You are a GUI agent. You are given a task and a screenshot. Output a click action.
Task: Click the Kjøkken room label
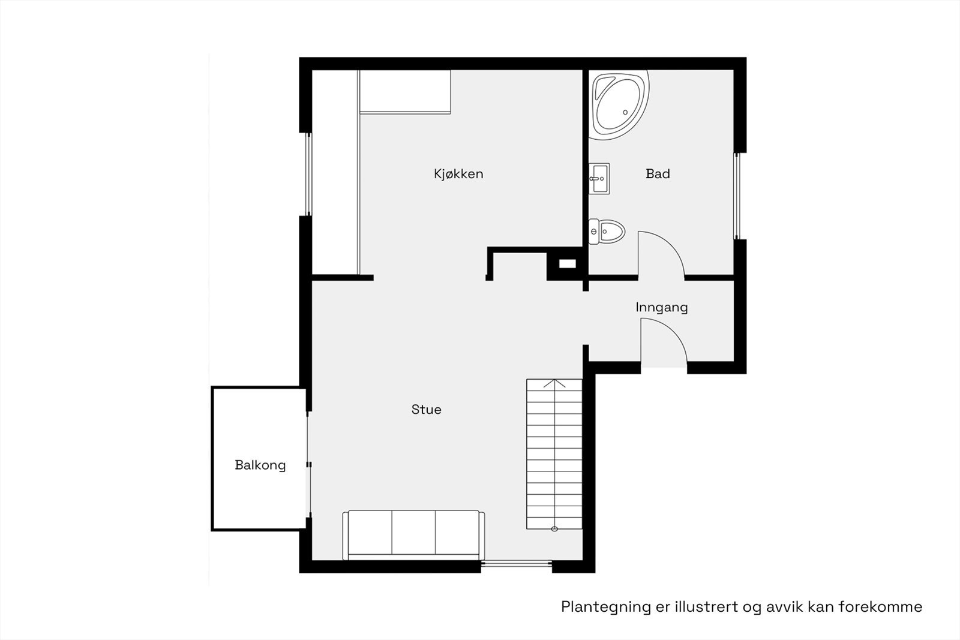pyautogui.click(x=458, y=174)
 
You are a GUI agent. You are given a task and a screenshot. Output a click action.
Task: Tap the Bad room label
pyautogui.click(x=658, y=174)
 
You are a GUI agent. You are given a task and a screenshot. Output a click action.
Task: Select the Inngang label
pyautogui.click(x=661, y=307)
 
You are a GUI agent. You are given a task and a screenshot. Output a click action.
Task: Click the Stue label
pyautogui.click(x=426, y=410)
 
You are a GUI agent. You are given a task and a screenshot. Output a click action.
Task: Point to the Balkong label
pyautogui.click(x=260, y=465)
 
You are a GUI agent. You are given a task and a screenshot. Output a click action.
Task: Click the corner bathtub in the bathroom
pyautogui.click(x=618, y=103)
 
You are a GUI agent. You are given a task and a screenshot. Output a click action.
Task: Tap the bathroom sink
pyautogui.click(x=598, y=179)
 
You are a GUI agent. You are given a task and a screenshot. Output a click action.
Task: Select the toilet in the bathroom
pyautogui.click(x=607, y=231)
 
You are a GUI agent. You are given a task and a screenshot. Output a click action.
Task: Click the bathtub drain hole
pyautogui.click(x=625, y=112)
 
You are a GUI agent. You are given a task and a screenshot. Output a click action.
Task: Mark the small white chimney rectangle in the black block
pyautogui.click(x=567, y=263)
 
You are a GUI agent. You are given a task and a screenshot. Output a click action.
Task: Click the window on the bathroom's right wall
pyautogui.click(x=738, y=196)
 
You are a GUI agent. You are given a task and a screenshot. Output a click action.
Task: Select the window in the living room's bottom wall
pyautogui.click(x=517, y=563)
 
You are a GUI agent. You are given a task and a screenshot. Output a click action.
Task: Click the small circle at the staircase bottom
pyautogui.click(x=554, y=528)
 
